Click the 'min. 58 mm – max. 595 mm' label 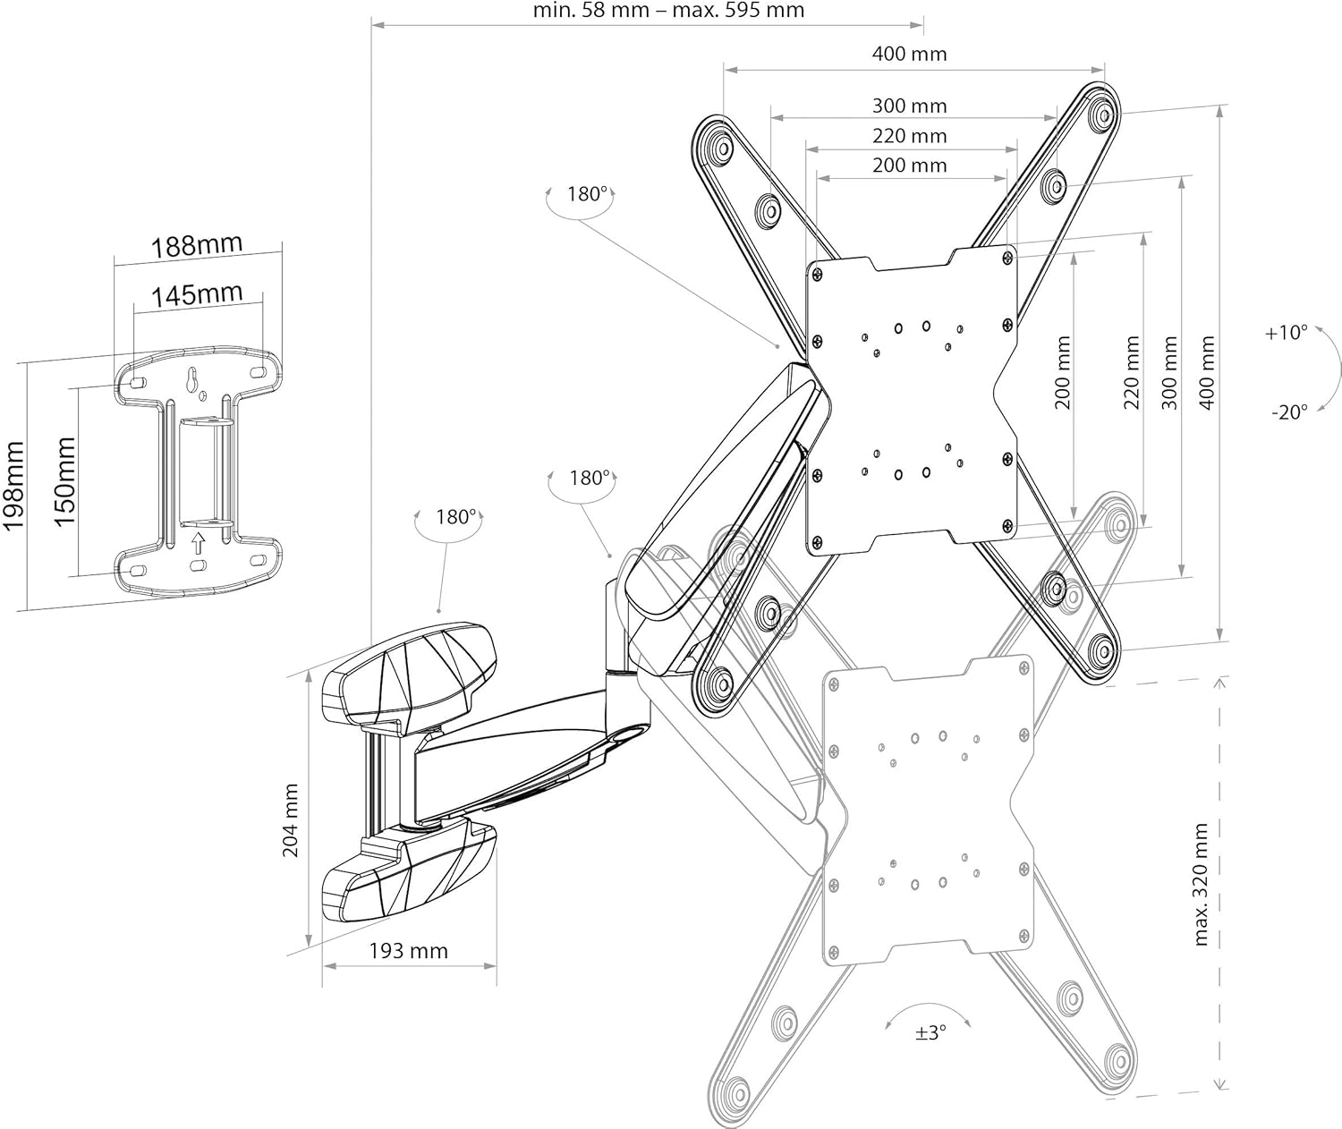pos(668,10)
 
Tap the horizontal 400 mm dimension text pos(910,54)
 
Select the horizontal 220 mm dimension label pos(910,136)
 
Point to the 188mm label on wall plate pos(197,245)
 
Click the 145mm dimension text pos(197,295)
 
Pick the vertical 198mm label pos(13,486)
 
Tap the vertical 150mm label pos(64,482)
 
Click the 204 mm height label pos(291,820)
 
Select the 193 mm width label pos(408,951)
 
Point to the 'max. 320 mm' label pos(1200,884)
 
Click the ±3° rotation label pos(931,1032)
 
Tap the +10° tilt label pos(1287,332)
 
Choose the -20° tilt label pos(1289,412)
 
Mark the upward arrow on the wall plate pos(198,542)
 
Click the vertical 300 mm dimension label pos(1169,373)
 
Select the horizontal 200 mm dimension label pos(910,166)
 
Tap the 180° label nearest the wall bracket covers pos(455,517)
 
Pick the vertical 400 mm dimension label pos(1207,373)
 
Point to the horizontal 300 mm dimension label pos(910,106)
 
